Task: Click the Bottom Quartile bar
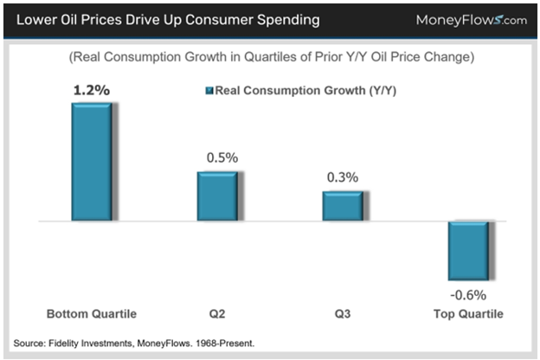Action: coord(90,163)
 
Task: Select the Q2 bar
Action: coord(218,196)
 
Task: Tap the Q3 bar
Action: coord(344,206)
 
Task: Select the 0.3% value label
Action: coord(342,177)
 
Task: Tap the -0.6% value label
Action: coord(468,295)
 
